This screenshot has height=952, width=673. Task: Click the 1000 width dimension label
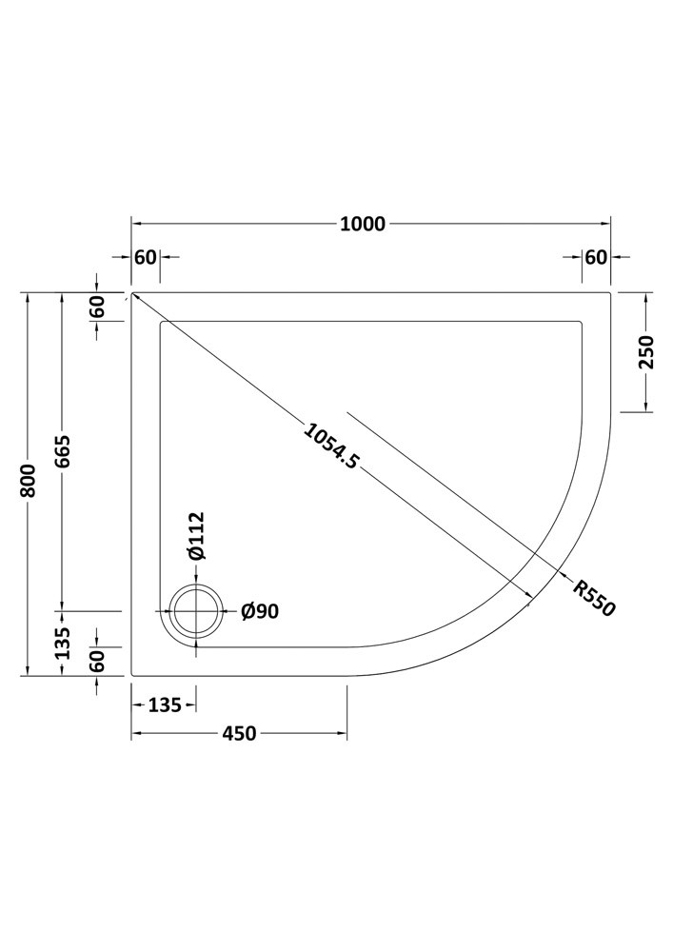(363, 224)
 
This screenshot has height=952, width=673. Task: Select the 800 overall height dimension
(29, 481)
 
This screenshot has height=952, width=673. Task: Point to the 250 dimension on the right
(645, 351)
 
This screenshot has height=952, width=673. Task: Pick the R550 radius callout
(594, 598)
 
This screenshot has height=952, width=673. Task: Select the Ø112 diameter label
(196, 535)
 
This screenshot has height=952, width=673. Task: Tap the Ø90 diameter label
(260, 611)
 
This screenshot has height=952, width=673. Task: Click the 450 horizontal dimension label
(239, 733)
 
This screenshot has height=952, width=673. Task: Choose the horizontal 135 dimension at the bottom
(165, 704)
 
